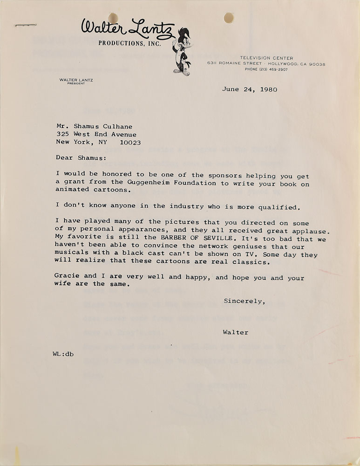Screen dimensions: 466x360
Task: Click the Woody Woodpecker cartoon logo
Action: click(181, 51)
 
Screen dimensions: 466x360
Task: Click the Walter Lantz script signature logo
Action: click(128, 28)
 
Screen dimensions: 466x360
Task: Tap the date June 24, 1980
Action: click(249, 89)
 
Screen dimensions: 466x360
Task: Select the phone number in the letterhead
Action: click(266, 69)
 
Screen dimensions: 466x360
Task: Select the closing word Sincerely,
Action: click(245, 301)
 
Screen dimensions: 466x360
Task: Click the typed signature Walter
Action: click(236, 332)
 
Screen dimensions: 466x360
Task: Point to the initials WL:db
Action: click(63, 354)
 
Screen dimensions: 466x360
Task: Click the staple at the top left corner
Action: click(26, 25)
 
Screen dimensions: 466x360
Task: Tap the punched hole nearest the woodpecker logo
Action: click(229, 18)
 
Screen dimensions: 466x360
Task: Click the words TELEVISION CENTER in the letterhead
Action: click(266, 58)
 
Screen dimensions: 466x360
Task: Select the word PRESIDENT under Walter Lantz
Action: click(76, 84)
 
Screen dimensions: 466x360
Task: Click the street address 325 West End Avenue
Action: click(96, 135)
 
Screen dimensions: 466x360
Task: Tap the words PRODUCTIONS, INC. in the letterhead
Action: click(129, 43)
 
